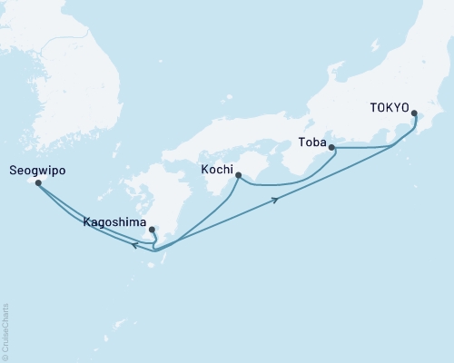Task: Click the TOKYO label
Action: click(390, 106)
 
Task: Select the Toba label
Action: click(312, 142)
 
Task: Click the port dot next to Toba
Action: click(331, 147)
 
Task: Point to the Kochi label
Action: click(218, 170)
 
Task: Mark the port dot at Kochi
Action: click(238, 176)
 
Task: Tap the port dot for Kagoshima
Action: click(152, 230)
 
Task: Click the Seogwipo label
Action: click(38, 170)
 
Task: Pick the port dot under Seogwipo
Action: click(38, 182)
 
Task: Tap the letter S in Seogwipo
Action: click(13, 170)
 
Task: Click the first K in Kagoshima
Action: click(86, 221)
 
